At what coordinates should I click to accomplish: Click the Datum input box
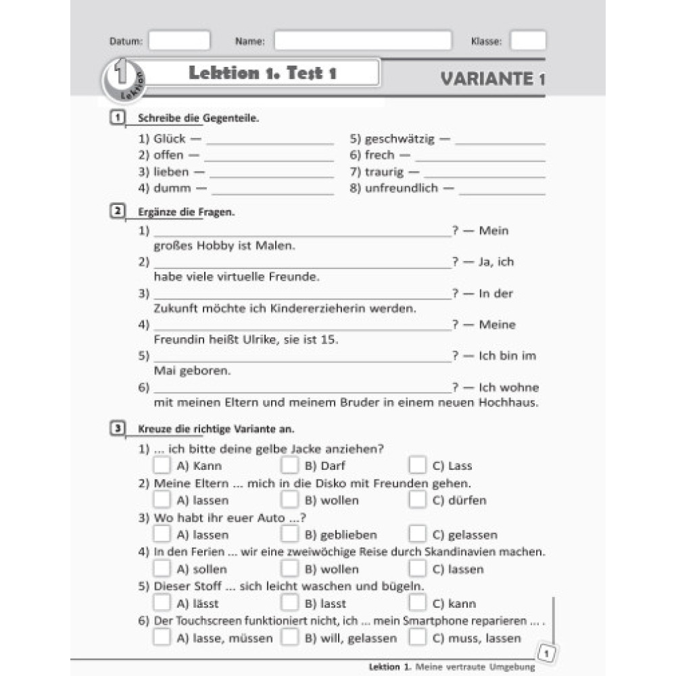pyautogui.click(x=179, y=41)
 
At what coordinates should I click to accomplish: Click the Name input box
pyautogui.click(x=362, y=41)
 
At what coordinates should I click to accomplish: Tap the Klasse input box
pyautogui.click(x=527, y=41)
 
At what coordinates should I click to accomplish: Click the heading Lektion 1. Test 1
pyautogui.click(x=262, y=73)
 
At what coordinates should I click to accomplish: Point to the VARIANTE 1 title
pyautogui.click(x=492, y=79)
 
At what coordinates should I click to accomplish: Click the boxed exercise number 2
pyautogui.click(x=116, y=212)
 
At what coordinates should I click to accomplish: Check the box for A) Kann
pyautogui.click(x=162, y=465)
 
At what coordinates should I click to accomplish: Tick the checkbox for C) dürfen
pyautogui.click(x=418, y=500)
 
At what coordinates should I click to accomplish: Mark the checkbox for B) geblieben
pyautogui.click(x=289, y=534)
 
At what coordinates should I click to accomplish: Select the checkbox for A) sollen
pyautogui.click(x=162, y=569)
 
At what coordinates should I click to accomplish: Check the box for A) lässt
pyautogui.click(x=162, y=603)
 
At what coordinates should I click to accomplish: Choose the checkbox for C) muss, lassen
pyautogui.click(x=418, y=637)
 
